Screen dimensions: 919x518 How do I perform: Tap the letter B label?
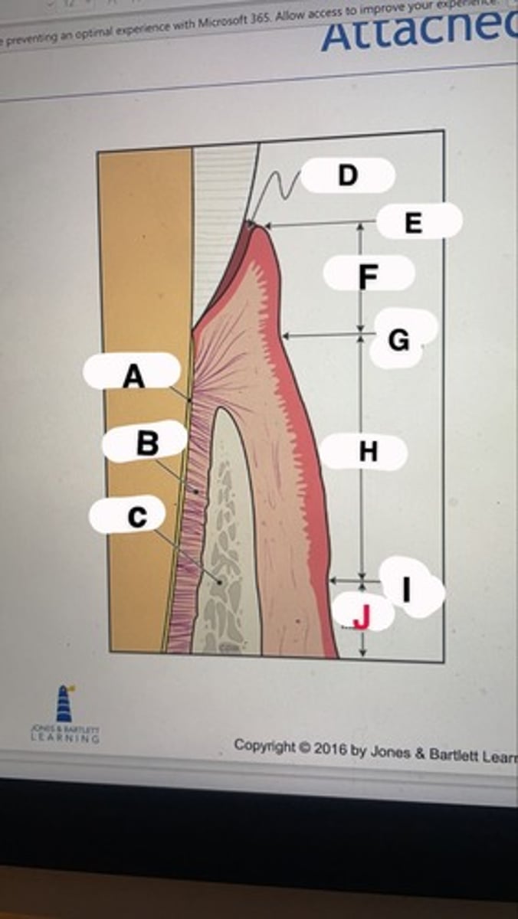146,443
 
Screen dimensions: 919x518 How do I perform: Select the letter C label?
136,517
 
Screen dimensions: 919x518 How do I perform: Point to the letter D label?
348,175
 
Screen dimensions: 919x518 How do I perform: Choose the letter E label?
413,222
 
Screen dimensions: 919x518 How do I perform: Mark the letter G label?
398,339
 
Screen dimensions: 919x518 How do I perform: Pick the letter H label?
368,452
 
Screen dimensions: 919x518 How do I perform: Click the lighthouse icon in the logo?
64,704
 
